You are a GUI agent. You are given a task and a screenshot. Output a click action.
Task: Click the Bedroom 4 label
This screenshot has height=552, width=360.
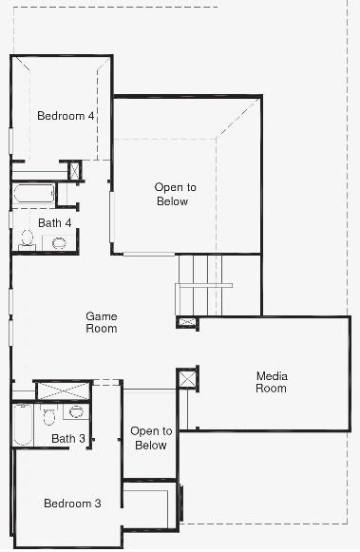coord(66,117)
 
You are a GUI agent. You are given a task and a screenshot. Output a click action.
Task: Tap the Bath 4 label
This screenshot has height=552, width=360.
coord(55,223)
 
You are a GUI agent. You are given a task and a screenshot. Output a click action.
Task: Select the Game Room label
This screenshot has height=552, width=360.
coord(102,322)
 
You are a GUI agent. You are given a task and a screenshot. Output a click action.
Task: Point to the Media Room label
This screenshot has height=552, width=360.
coord(272,382)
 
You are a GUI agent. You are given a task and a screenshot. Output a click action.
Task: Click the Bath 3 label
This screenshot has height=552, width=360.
coord(68,438)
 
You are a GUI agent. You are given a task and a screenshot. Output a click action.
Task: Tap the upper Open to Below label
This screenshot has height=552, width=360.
coord(171,195)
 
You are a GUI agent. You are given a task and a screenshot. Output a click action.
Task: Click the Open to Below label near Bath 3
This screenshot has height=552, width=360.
coord(150,438)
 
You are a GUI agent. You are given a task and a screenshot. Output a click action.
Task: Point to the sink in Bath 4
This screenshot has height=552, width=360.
coord(59,242)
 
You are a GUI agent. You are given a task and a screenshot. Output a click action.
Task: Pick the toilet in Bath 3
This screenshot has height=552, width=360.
coord(49,415)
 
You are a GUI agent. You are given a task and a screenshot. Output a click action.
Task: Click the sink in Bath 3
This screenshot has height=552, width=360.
coord(76,412)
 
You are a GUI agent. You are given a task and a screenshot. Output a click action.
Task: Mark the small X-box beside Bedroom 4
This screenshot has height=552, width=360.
coord(75,171)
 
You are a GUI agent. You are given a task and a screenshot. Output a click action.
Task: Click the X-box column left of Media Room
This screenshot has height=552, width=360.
coord(187,379)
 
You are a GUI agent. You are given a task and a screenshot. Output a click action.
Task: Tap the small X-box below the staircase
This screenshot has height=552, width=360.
coord(187,323)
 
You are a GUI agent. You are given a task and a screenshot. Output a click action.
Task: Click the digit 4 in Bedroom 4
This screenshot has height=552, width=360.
coord(91,117)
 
